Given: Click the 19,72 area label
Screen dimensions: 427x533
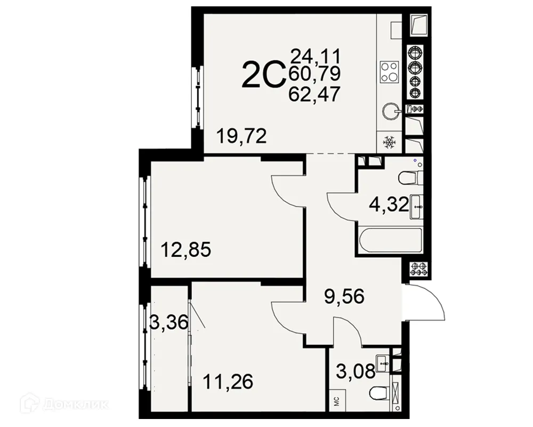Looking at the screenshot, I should pos(241,137).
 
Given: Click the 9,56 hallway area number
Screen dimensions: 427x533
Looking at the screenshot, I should pos(344,295).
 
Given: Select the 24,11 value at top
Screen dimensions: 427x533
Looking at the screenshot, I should pos(315,55).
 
